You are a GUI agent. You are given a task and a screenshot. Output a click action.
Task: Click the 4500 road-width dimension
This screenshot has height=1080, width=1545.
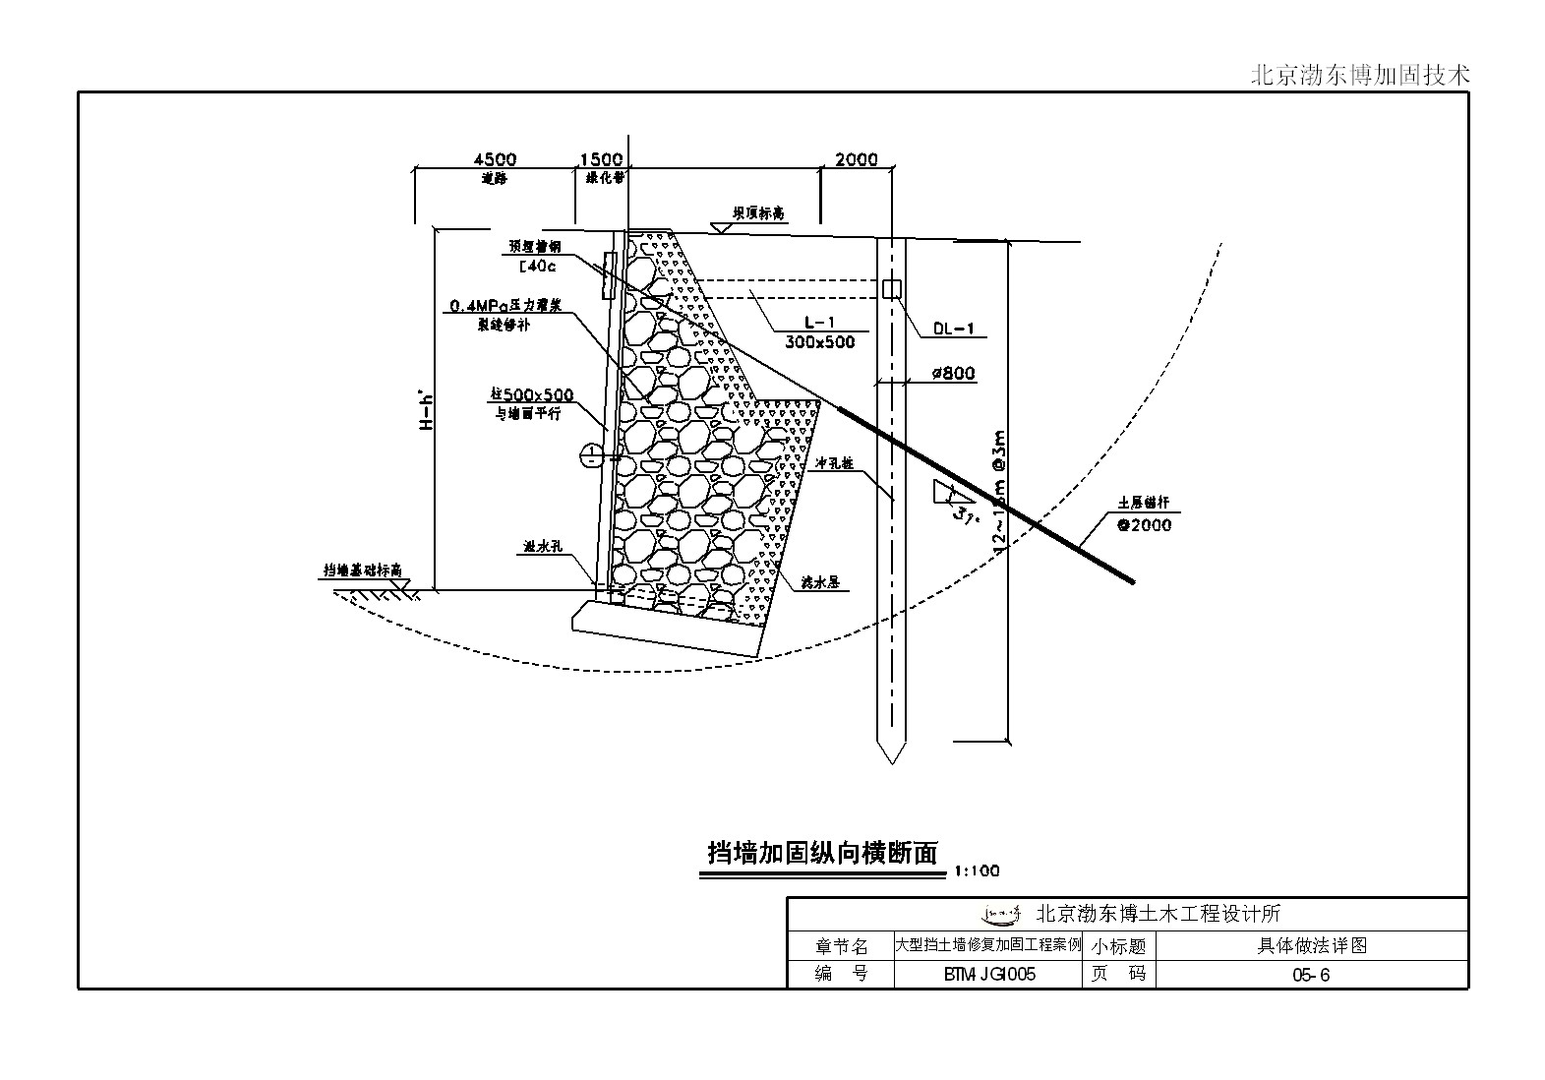[495, 159]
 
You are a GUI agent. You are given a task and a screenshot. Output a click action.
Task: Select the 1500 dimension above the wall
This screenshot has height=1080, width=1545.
[601, 159]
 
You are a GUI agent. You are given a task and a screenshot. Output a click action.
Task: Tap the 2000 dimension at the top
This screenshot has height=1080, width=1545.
[856, 159]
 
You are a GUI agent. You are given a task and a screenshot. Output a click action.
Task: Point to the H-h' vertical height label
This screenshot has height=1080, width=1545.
[427, 411]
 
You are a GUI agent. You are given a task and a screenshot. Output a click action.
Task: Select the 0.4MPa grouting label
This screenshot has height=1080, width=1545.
[505, 307]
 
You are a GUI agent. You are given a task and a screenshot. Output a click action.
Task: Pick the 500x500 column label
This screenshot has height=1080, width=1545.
[532, 395]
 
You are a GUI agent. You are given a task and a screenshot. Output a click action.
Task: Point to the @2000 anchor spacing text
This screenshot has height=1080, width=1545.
[1144, 525]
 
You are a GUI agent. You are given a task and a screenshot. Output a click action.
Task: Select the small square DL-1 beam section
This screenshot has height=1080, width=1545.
[892, 289]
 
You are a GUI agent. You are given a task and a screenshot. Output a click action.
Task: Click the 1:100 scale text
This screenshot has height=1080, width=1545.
[976, 870]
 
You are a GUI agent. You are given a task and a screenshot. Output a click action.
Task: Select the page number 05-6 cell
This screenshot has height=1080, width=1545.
[1311, 975]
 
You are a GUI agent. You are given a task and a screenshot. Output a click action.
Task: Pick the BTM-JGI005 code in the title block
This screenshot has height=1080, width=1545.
[987, 975]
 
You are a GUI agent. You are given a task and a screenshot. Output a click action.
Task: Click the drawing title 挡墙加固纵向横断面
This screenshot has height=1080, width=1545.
[824, 852]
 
